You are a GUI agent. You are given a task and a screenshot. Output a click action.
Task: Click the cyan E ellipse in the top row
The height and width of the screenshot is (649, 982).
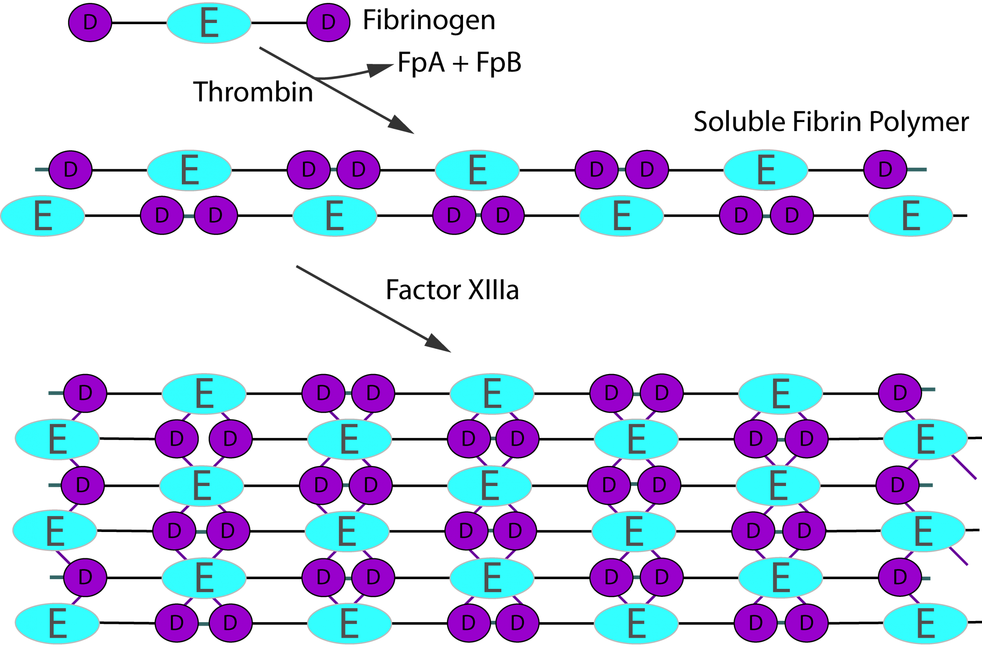[209, 23]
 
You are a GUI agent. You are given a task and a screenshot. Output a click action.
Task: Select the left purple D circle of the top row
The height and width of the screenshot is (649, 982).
[90, 22]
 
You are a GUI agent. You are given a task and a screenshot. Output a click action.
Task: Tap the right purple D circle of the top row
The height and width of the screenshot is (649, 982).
[328, 22]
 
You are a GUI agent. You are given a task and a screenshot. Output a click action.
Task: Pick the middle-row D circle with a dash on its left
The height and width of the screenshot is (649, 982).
[70, 170]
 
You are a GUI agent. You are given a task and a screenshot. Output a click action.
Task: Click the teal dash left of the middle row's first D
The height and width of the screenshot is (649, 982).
[42, 170]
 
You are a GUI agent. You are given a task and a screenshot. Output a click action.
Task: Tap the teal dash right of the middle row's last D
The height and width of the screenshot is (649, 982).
[917, 170]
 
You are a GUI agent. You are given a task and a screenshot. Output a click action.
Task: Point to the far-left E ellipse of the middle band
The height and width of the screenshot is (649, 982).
[43, 216]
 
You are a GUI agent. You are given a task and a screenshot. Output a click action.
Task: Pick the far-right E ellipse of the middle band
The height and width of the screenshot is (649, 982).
[910, 216]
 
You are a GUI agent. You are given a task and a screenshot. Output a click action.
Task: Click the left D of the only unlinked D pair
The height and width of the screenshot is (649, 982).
[177, 438]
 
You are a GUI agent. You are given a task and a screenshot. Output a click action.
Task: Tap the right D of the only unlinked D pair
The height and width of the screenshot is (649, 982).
[231, 438]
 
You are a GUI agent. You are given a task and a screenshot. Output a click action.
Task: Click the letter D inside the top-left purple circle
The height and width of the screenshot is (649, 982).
[90, 22]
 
